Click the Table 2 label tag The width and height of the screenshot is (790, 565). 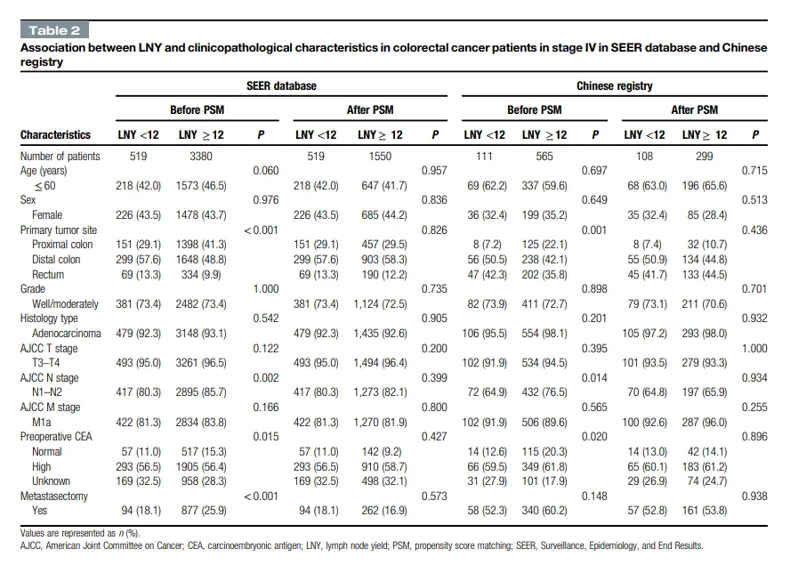54,30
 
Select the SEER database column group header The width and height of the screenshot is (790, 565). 281,85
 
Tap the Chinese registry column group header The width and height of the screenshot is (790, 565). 614,85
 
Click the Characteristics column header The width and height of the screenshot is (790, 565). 55,134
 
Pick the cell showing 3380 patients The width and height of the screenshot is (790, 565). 200,157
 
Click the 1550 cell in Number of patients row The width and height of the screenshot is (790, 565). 380,157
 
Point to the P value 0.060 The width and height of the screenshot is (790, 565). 265,171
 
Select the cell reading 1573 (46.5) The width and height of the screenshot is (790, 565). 201,185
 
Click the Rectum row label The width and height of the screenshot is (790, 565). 48,274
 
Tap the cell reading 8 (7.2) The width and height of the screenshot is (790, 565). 487,245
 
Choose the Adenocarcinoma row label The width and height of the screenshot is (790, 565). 67,333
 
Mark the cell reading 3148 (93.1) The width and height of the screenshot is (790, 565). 201,333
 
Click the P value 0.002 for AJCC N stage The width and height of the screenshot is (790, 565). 265,378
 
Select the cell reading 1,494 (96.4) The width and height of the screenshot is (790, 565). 381,362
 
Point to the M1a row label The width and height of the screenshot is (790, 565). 41,422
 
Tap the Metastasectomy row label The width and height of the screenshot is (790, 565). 54,496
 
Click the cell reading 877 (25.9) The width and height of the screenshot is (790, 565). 204,511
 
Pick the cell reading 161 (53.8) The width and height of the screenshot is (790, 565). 705,511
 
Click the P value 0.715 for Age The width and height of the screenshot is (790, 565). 754,171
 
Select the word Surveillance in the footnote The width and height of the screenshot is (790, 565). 564,545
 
